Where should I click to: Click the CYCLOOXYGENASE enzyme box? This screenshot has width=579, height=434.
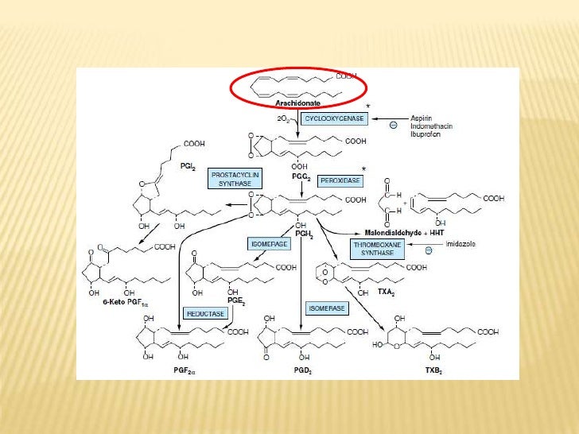click(x=332, y=118)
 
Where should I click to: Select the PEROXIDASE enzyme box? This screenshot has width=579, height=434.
click(x=340, y=181)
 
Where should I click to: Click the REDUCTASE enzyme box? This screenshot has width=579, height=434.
click(x=205, y=313)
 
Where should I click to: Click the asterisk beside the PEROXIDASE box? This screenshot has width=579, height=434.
click(x=365, y=169)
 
